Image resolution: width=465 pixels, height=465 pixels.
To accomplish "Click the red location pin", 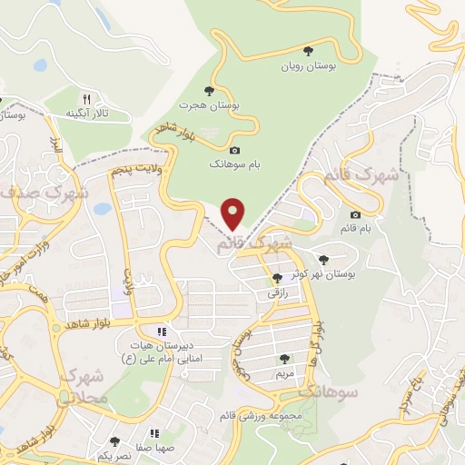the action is pos(233,213).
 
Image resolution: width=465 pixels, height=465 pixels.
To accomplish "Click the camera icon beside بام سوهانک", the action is pos(234,150).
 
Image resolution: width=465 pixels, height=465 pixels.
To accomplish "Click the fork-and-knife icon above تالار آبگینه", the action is pos(87,98).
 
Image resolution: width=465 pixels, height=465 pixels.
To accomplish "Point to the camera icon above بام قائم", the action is pos(354,214).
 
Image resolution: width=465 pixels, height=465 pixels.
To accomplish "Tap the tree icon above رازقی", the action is pos(277,278).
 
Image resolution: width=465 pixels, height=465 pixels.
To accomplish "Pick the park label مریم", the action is pos(285,373).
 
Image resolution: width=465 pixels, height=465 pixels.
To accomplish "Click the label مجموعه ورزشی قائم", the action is pos(272,414).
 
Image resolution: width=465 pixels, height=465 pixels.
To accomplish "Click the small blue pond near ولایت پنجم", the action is pos(102,209).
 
